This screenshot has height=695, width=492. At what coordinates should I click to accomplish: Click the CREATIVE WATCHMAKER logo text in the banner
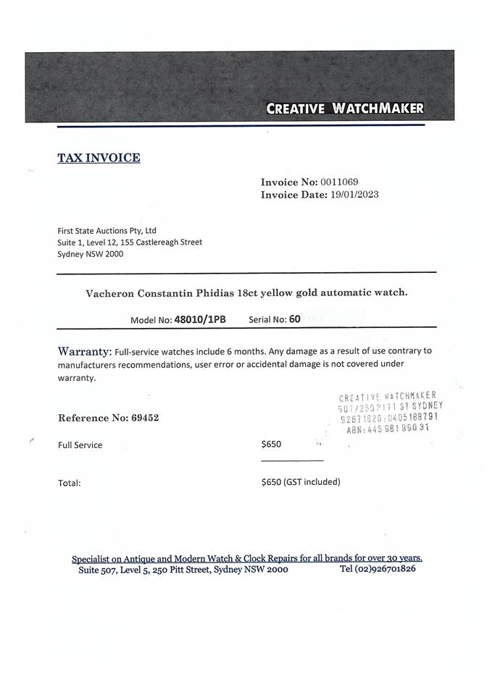click(x=345, y=109)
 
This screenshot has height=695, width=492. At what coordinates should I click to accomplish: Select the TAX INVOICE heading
click(x=99, y=157)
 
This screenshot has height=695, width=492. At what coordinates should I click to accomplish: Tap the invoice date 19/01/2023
click(x=354, y=194)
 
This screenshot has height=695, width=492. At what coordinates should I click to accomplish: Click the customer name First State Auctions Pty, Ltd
click(x=107, y=230)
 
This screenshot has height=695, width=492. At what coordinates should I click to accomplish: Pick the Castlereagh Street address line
click(x=130, y=242)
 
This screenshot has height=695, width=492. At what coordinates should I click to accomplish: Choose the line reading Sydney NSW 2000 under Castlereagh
click(x=91, y=254)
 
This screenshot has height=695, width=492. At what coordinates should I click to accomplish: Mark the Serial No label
click(x=267, y=319)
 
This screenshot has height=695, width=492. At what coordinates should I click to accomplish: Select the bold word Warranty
click(x=84, y=350)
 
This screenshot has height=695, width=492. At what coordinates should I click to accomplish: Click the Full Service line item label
click(x=80, y=445)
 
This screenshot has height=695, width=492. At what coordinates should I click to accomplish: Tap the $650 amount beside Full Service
click(x=271, y=444)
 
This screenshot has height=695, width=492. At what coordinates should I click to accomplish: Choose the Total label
click(x=69, y=483)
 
